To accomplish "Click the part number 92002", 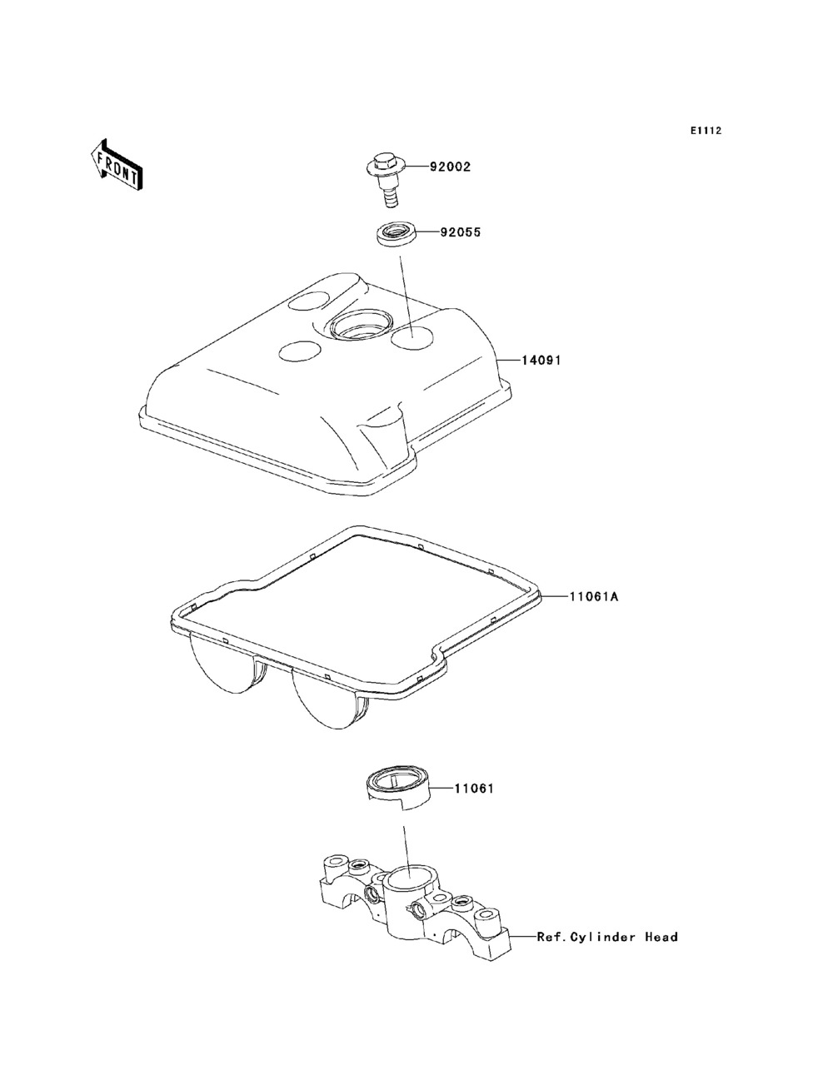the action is [x=450, y=167].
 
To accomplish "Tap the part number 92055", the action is [x=460, y=232].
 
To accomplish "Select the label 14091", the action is [x=541, y=361].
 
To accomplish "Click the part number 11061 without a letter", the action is [x=474, y=788].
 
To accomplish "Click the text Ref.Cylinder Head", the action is [x=607, y=937].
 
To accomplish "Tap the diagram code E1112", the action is [x=706, y=131].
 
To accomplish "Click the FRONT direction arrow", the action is [x=117, y=165].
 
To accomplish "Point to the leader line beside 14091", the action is [x=510, y=360].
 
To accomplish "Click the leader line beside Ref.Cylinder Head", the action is [x=523, y=937].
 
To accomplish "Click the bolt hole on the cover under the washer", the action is [x=412, y=338].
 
